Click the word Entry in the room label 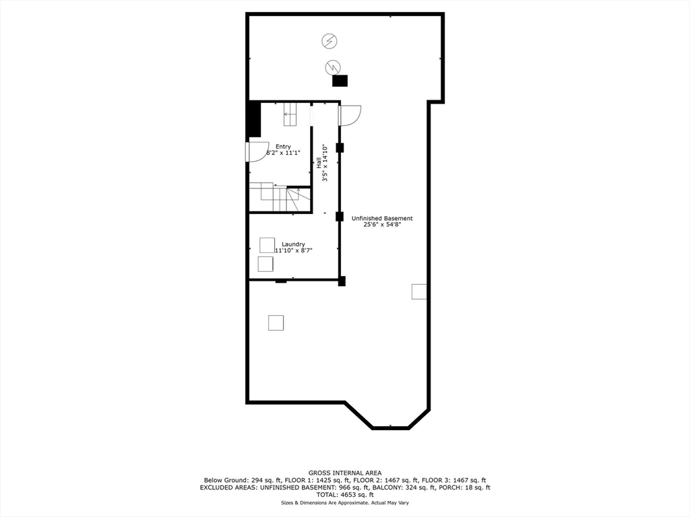[x=283, y=146]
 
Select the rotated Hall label [x=318, y=163]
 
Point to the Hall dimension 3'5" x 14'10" [x=325, y=163]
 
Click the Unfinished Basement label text [x=382, y=218]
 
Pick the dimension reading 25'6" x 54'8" [x=382, y=226]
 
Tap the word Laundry [x=293, y=244]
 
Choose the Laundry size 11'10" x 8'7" [x=293, y=250]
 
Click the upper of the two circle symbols [x=328, y=41]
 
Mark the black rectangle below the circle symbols [x=340, y=81]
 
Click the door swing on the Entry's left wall [x=258, y=152]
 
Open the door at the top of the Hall [x=350, y=116]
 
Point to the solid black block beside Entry [x=254, y=119]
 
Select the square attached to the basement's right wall [x=419, y=291]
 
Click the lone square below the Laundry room [x=276, y=322]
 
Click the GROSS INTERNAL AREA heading [x=345, y=473]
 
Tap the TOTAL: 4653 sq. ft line [x=345, y=495]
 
